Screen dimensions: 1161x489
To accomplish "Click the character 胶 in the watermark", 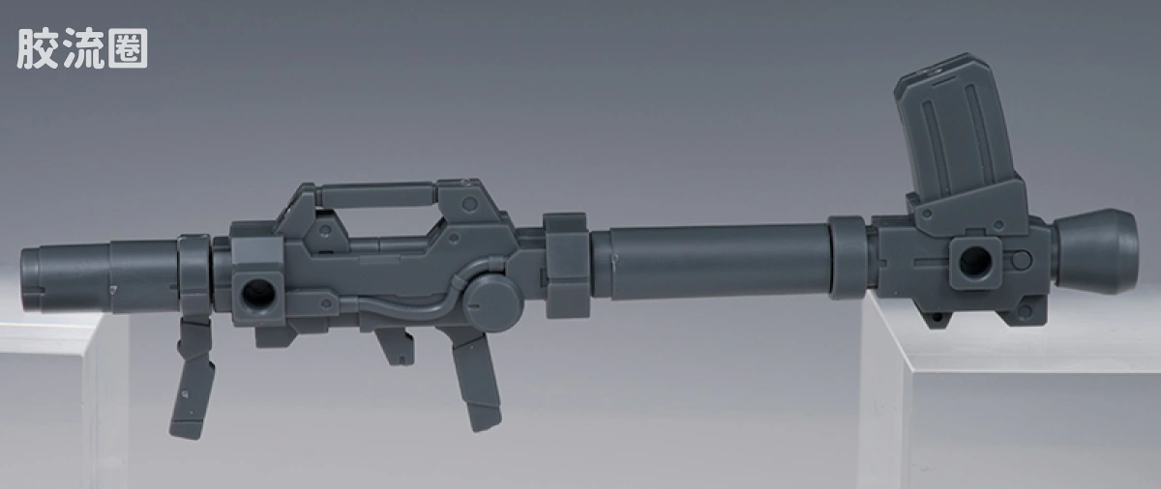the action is tap(38, 48).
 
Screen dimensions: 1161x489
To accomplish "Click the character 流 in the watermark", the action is tap(83, 48).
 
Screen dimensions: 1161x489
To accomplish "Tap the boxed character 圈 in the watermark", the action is tap(128, 48).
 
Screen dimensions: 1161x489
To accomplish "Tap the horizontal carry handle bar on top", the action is tap(376, 196).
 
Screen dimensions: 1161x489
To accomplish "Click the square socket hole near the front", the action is tap(258, 294).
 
